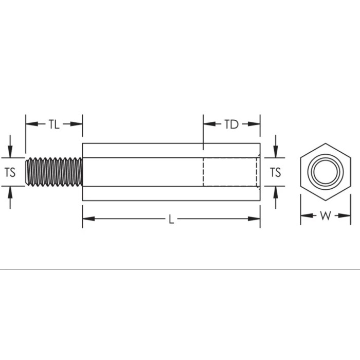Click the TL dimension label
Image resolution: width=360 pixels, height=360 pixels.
[x=54, y=124]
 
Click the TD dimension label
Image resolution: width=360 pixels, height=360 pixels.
[x=231, y=124]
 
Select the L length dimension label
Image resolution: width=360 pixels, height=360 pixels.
[x=171, y=219]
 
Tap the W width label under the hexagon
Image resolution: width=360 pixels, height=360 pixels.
[x=325, y=216]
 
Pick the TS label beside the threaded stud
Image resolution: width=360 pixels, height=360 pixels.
[x=10, y=172]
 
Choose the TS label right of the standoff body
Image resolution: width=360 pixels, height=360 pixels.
[x=276, y=172]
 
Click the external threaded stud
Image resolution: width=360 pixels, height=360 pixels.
[x=53, y=172]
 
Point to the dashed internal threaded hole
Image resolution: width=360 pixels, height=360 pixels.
[x=231, y=172]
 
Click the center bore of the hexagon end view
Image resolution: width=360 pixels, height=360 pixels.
[x=325, y=172]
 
